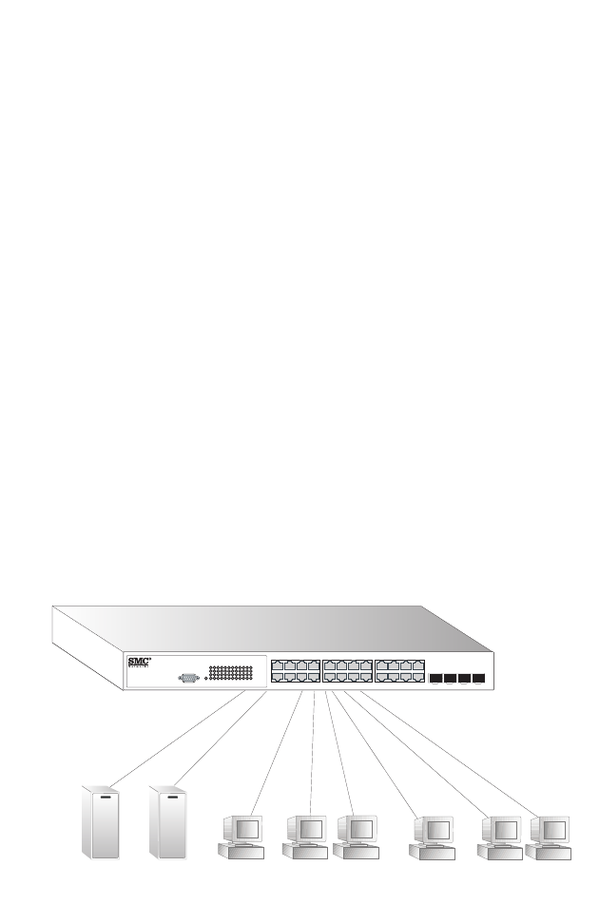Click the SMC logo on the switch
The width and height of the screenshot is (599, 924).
click(139, 662)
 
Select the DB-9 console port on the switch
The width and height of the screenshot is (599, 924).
click(188, 677)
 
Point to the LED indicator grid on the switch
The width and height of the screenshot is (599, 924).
click(230, 672)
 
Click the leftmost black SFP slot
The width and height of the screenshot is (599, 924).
click(436, 679)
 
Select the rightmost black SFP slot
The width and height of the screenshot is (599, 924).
click(479, 679)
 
